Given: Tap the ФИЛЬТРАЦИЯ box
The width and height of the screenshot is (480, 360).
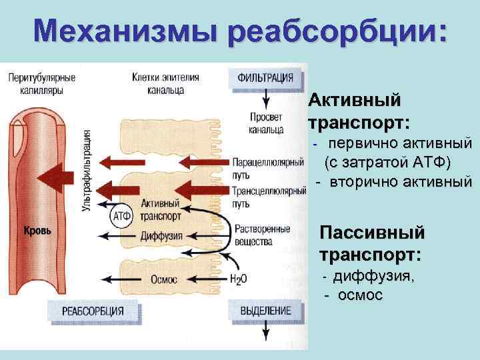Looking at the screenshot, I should tap(265, 77).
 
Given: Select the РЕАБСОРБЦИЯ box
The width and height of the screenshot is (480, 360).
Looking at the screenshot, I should tap(93, 311).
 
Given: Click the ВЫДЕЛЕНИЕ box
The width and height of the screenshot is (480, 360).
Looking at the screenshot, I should tap(265, 311).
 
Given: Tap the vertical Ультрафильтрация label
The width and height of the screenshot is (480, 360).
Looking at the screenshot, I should tap(85, 173).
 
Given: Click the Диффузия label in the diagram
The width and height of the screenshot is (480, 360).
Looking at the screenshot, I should tap(161, 235).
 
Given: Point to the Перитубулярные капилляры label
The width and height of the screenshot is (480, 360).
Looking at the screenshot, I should tap(41, 83).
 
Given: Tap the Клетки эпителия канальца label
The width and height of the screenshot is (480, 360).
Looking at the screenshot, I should tap(165, 83).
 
